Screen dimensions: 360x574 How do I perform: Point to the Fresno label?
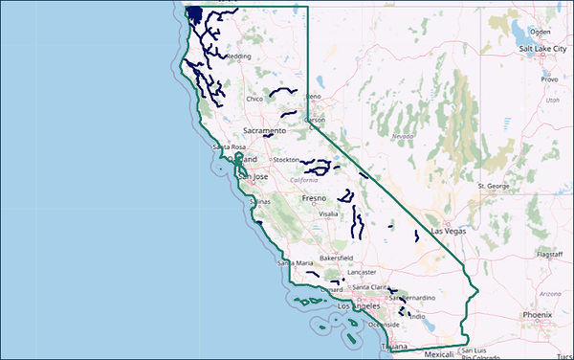pyautogui.click(x=315, y=198)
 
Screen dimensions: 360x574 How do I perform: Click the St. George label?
pyautogui.click(x=494, y=185)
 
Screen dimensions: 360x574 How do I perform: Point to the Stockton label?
pyautogui.click(x=287, y=160)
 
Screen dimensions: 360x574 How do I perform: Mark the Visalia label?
pyautogui.click(x=329, y=214)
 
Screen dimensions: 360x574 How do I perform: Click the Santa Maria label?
pyautogui.click(x=294, y=262)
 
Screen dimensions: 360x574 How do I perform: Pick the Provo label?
pyautogui.click(x=549, y=80)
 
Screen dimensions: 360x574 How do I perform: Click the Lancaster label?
pyautogui.click(x=363, y=272)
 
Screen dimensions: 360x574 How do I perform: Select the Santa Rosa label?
pyautogui.click(x=230, y=146)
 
